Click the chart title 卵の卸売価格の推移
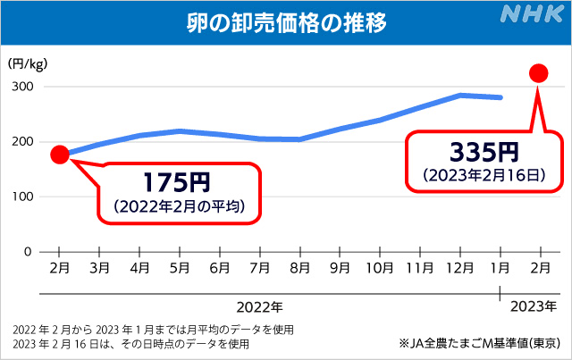click(286, 21)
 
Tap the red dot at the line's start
click(59, 155)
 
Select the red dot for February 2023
click(539, 73)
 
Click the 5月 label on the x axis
click(180, 267)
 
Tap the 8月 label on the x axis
click(299, 267)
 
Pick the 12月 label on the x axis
click(459, 267)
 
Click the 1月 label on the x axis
click(500, 267)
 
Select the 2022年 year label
click(265, 306)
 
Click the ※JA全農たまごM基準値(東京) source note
click(481, 342)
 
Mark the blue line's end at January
click(500, 97)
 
